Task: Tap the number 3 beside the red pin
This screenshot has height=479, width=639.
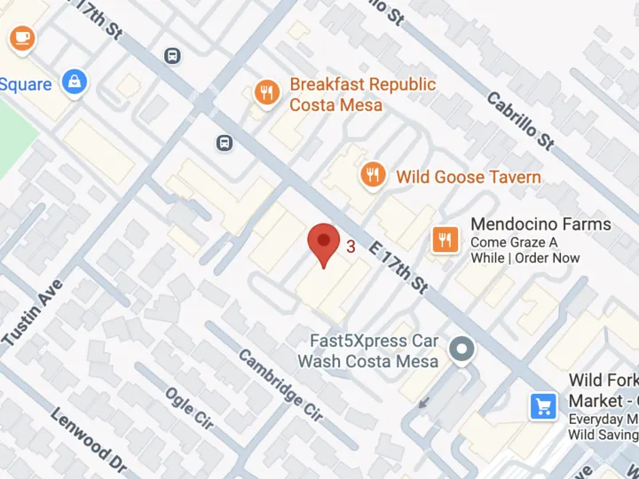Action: (x=351, y=247)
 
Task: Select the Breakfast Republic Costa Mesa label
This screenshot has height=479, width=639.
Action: (x=362, y=94)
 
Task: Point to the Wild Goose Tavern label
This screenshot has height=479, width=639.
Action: (x=468, y=177)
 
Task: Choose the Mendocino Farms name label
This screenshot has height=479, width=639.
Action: (x=540, y=224)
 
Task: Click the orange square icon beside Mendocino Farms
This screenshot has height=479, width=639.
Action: (x=445, y=238)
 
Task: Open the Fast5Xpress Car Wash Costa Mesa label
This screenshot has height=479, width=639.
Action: (x=367, y=351)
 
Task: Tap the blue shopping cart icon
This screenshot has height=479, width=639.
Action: (x=543, y=407)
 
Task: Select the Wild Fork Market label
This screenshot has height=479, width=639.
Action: (x=603, y=390)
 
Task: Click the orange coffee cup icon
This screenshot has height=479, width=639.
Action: (x=21, y=37)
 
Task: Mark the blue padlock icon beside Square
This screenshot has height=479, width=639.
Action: (x=75, y=83)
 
